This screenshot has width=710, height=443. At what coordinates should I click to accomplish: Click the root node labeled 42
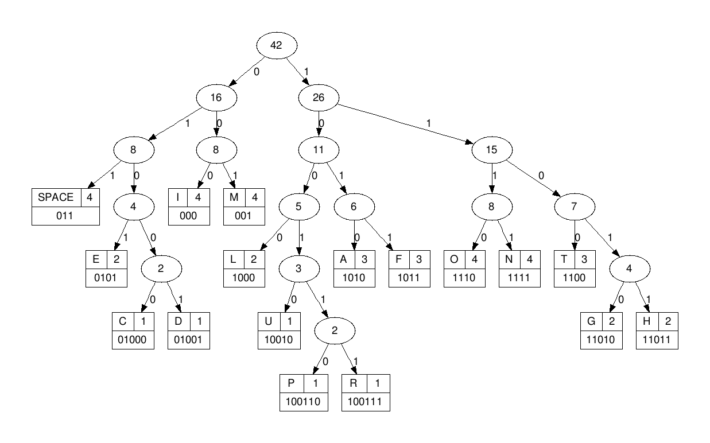276,46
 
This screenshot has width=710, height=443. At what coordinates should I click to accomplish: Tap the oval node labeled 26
318,98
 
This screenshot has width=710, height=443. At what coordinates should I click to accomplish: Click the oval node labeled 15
491,150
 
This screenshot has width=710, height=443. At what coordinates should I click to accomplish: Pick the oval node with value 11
318,150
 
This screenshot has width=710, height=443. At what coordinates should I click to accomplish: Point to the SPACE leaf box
65,207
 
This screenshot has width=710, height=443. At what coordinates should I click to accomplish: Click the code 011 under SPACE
65,216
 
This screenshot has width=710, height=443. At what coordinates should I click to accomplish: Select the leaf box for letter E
106,269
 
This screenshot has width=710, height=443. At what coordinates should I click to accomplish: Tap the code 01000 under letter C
133,339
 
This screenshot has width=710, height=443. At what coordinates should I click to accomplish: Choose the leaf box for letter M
245,207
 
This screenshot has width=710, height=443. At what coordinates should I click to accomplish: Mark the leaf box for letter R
366,392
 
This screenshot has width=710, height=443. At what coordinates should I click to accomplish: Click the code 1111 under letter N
519,278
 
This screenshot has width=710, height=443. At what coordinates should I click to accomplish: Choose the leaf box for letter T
575,269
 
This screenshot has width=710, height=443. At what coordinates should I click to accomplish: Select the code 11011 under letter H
657,339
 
